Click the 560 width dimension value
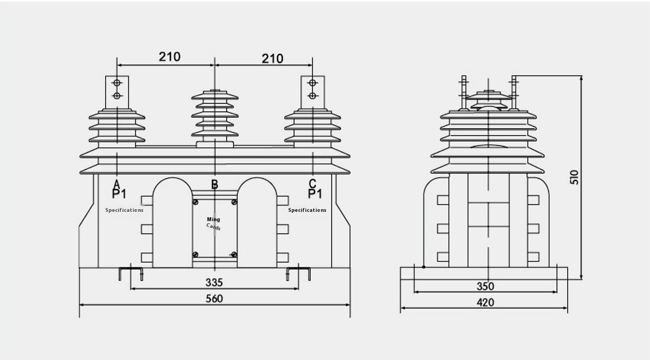[x=214, y=298]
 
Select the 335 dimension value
[x=214, y=282]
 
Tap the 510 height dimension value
[x=575, y=177]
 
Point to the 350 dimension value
[x=485, y=286]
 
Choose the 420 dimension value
[x=485, y=302]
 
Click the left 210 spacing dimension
[x=169, y=57]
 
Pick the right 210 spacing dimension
[x=272, y=58]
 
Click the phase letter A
[x=116, y=184]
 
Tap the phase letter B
[x=214, y=185]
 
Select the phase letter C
[x=312, y=184]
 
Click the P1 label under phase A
[x=119, y=194]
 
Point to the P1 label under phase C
[x=315, y=194]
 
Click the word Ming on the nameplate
[x=213, y=219]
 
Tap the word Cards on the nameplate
[x=214, y=227]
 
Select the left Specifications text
[x=125, y=210]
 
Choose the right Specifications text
[x=307, y=210]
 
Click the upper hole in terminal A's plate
[x=117, y=83]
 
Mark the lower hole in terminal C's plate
[x=312, y=96]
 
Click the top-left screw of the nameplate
[x=195, y=202]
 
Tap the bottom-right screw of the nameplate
[x=234, y=254]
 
